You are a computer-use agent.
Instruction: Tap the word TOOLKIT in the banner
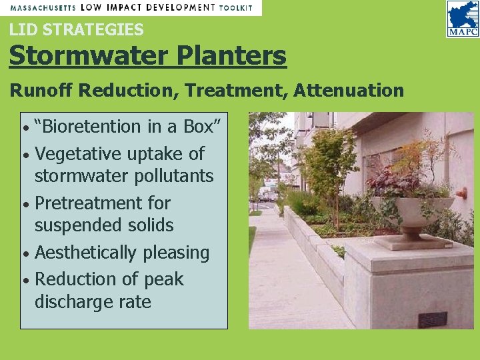(x=237, y=8)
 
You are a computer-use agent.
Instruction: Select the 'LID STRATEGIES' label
(x=76, y=29)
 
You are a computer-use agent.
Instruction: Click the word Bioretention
(x=95, y=127)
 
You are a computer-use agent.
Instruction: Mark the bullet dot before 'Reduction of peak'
(x=25, y=281)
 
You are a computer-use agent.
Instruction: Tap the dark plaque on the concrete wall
(x=433, y=319)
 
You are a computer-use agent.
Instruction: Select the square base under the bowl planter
(x=413, y=242)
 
